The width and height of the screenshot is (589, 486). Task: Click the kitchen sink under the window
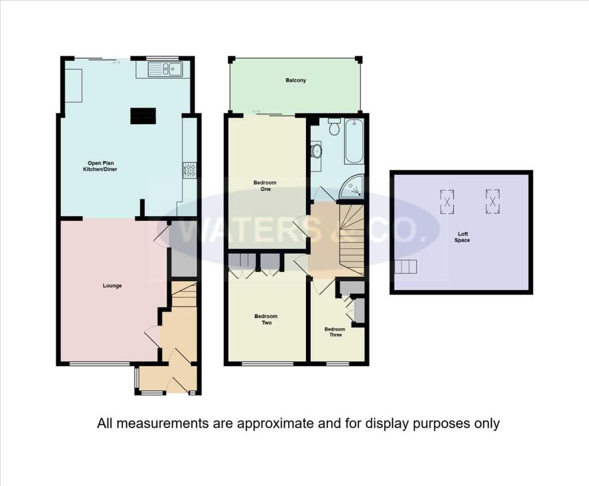(165, 70)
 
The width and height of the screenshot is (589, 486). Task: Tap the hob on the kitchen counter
(190, 170)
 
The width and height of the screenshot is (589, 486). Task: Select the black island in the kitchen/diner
(143, 116)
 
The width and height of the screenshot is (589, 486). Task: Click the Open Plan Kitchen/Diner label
(102, 166)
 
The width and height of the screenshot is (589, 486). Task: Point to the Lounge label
(112, 285)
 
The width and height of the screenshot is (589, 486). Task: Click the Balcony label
(296, 81)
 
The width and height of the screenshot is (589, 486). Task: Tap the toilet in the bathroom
(335, 127)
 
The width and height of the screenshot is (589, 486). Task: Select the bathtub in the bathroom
(354, 141)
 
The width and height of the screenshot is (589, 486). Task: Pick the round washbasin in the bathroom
(316, 151)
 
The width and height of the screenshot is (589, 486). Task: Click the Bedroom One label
(265, 186)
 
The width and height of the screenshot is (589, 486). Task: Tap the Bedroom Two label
(266, 319)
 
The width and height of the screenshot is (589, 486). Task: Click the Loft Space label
(462, 237)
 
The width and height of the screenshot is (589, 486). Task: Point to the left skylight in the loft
(447, 201)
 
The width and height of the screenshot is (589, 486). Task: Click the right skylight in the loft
(492, 201)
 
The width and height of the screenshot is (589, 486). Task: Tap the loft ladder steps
(405, 267)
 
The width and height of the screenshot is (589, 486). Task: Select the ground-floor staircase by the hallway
(184, 294)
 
